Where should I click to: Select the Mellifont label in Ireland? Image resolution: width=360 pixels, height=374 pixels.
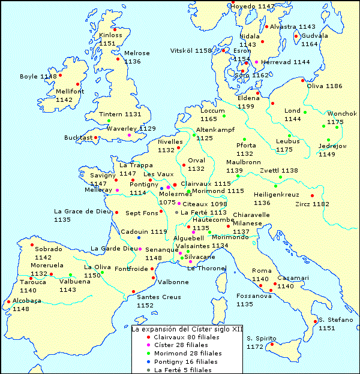tap(70, 92)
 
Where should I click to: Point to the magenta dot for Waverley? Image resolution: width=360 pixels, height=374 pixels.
tap(129, 135)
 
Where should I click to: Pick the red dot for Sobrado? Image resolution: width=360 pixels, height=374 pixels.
tap(32, 245)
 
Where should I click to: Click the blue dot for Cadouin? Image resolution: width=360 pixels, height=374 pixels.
tap(139, 238)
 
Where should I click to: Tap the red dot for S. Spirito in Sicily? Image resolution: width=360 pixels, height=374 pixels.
tap(271, 344)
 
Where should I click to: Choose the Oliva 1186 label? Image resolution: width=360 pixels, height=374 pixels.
tap(324, 86)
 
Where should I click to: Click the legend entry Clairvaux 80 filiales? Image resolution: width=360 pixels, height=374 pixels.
tap(186, 337)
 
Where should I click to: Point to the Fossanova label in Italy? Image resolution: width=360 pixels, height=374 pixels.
tap(254, 295)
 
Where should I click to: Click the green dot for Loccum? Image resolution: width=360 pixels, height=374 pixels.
tap(224, 116)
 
